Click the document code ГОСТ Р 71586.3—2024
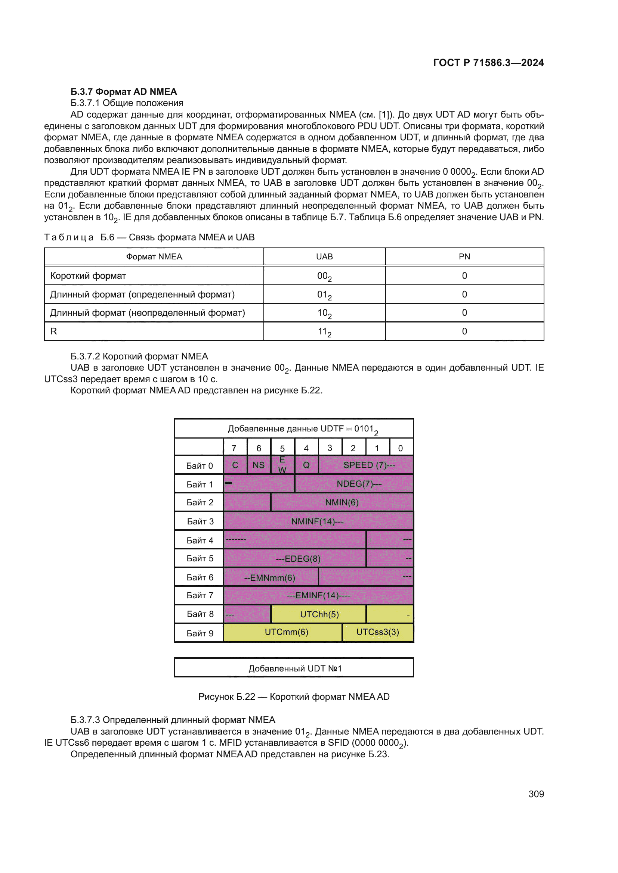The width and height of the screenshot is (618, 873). coord(488,63)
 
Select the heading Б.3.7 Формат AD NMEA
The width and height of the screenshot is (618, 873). coord(124,92)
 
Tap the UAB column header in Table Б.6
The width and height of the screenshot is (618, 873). coord(324,257)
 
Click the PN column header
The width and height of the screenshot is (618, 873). coord(464,257)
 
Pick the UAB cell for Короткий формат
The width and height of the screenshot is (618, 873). coord(324,276)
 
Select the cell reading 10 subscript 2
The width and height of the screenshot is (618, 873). coord(324,313)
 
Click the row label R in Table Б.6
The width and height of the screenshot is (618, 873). coord(54,331)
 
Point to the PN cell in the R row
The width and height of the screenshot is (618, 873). coord(464,331)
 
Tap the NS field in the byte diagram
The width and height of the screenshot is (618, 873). coord(259,465)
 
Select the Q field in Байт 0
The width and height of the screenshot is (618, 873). coord(306,465)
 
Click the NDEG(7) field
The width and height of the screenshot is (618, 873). coord(358,484)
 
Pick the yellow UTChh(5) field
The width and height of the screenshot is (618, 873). coord(319,614)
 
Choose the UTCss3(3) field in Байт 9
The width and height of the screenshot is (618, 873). coord(377,632)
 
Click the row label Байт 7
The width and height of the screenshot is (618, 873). coord(200,595)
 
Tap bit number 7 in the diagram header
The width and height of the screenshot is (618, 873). coord(234,448)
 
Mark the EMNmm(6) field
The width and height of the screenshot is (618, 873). coord(269,577)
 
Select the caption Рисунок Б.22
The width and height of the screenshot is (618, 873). coord(294,696)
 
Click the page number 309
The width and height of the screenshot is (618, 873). coord(536,794)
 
